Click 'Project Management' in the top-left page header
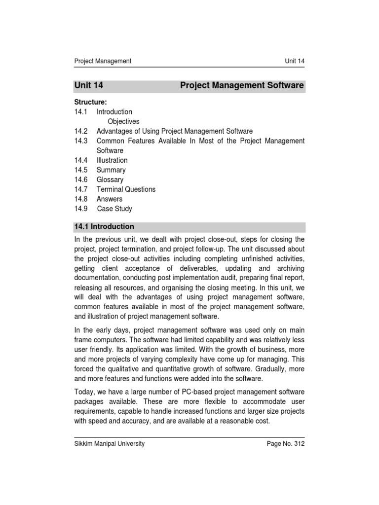pyautogui.click(x=103, y=61)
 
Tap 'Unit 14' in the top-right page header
pyautogui.click(x=295, y=61)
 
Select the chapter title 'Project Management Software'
pyautogui.click(x=242, y=86)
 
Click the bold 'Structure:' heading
pyautogui.click(x=91, y=102)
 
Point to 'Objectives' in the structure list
pyautogui.click(x=123, y=121)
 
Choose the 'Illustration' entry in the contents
pyautogui.click(x=112, y=160)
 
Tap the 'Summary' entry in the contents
pyautogui.click(x=111, y=170)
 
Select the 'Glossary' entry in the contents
pyautogui.click(x=110, y=180)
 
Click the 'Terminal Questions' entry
pyautogui.click(x=126, y=189)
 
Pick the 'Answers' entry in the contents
pyautogui.click(x=110, y=199)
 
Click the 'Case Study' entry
pyautogui.click(x=114, y=209)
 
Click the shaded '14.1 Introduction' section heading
pyautogui.click(x=104, y=227)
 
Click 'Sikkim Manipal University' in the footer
pyautogui.click(x=109, y=444)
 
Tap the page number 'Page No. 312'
pyautogui.click(x=286, y=444)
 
